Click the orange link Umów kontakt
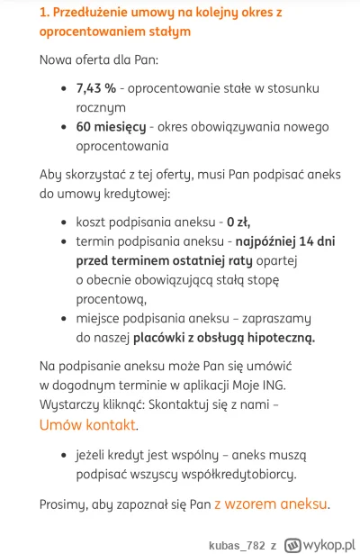[88, 424]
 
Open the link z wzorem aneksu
[270, 504]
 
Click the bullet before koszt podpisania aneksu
[62, 222]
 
